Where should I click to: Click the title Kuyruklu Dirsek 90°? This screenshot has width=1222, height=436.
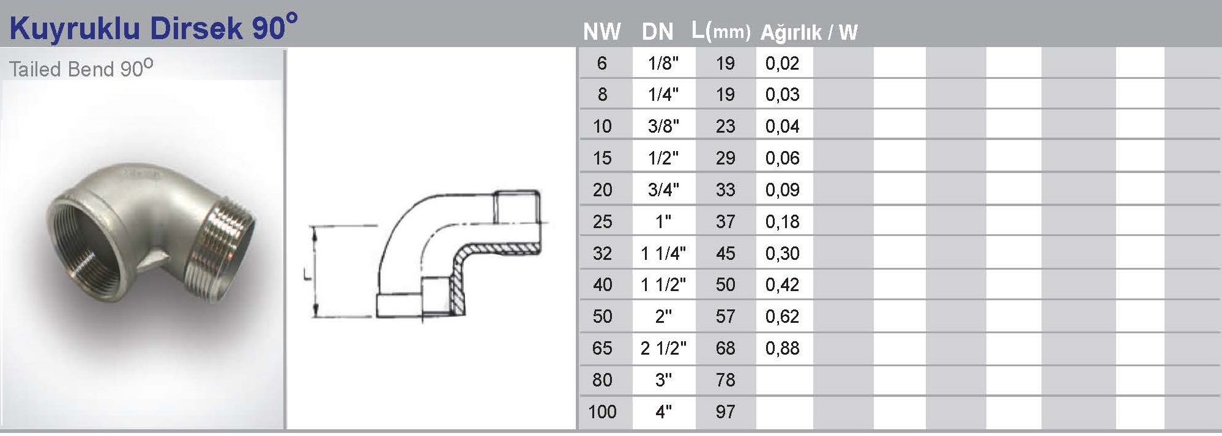pyautogui.click(x=154, y=28)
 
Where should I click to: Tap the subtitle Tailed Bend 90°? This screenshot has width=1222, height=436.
pyautogui.click(x=81, y=68)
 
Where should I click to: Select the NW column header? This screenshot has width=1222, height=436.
pyautogui.click(x=602, y=32)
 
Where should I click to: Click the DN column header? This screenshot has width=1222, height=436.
pyautogui.click(x=658, y=32)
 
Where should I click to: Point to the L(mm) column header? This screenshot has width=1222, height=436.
pyautogui.click(x=721, y=31)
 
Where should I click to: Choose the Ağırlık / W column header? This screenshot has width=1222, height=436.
pyautogui.click(x=809, y=32)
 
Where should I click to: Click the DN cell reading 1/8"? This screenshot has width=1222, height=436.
pyautogui.click(x=663, y=63)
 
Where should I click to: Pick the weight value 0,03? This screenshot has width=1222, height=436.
pyautogui.click(x=782, y=95)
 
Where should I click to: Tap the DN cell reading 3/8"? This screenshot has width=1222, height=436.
pyautogui.click(x=663, y=127)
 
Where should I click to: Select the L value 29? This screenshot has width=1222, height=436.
pyautogui.click(x=725, y=158)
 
